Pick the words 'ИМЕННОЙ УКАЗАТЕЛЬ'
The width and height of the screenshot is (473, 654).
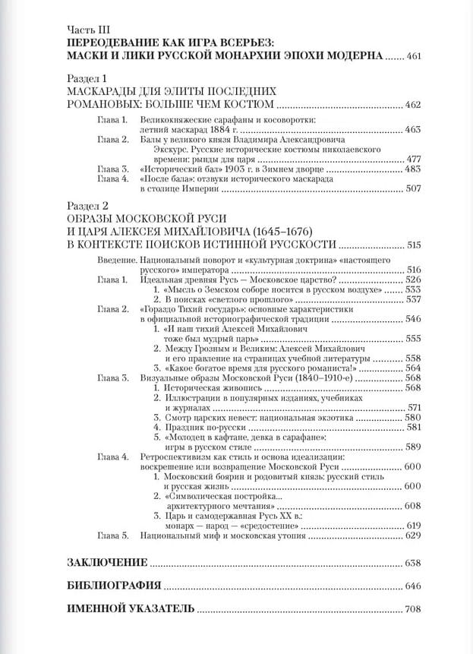[130, 609]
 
